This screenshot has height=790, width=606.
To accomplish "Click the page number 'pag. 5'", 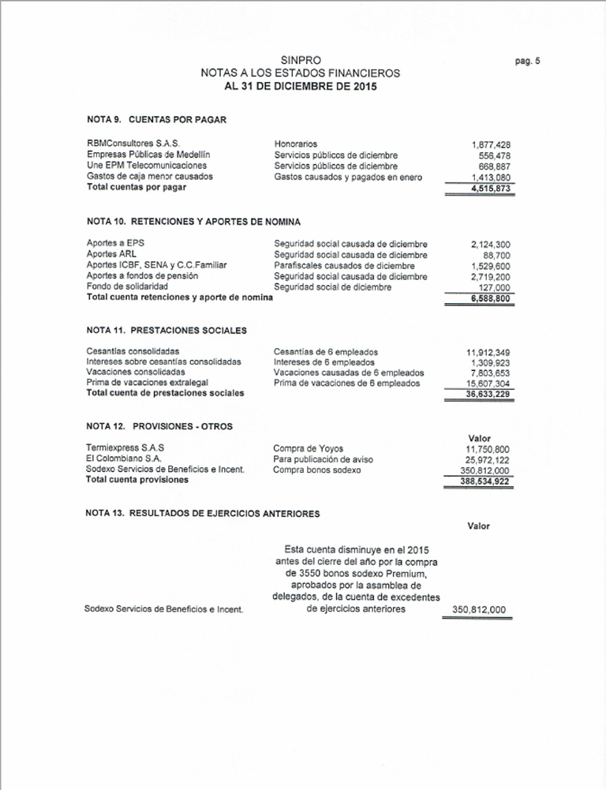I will point(527,61).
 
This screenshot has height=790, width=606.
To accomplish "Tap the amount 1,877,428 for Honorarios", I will point(491,144).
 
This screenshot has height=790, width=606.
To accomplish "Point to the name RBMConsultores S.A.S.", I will point(133,144).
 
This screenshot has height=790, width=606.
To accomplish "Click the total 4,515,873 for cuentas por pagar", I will point(491,189).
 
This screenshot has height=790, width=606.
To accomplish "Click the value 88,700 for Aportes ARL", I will point(496,256).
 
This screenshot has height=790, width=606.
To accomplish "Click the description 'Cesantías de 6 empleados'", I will point(326,351).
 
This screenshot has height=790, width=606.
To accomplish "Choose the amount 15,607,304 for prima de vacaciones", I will point(488,384).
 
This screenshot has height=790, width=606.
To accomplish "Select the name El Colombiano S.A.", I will point(125,459).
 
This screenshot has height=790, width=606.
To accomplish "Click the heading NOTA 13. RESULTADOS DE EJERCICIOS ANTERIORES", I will point(202,513).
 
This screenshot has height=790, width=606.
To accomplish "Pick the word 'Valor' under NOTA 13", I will point(478,526).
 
